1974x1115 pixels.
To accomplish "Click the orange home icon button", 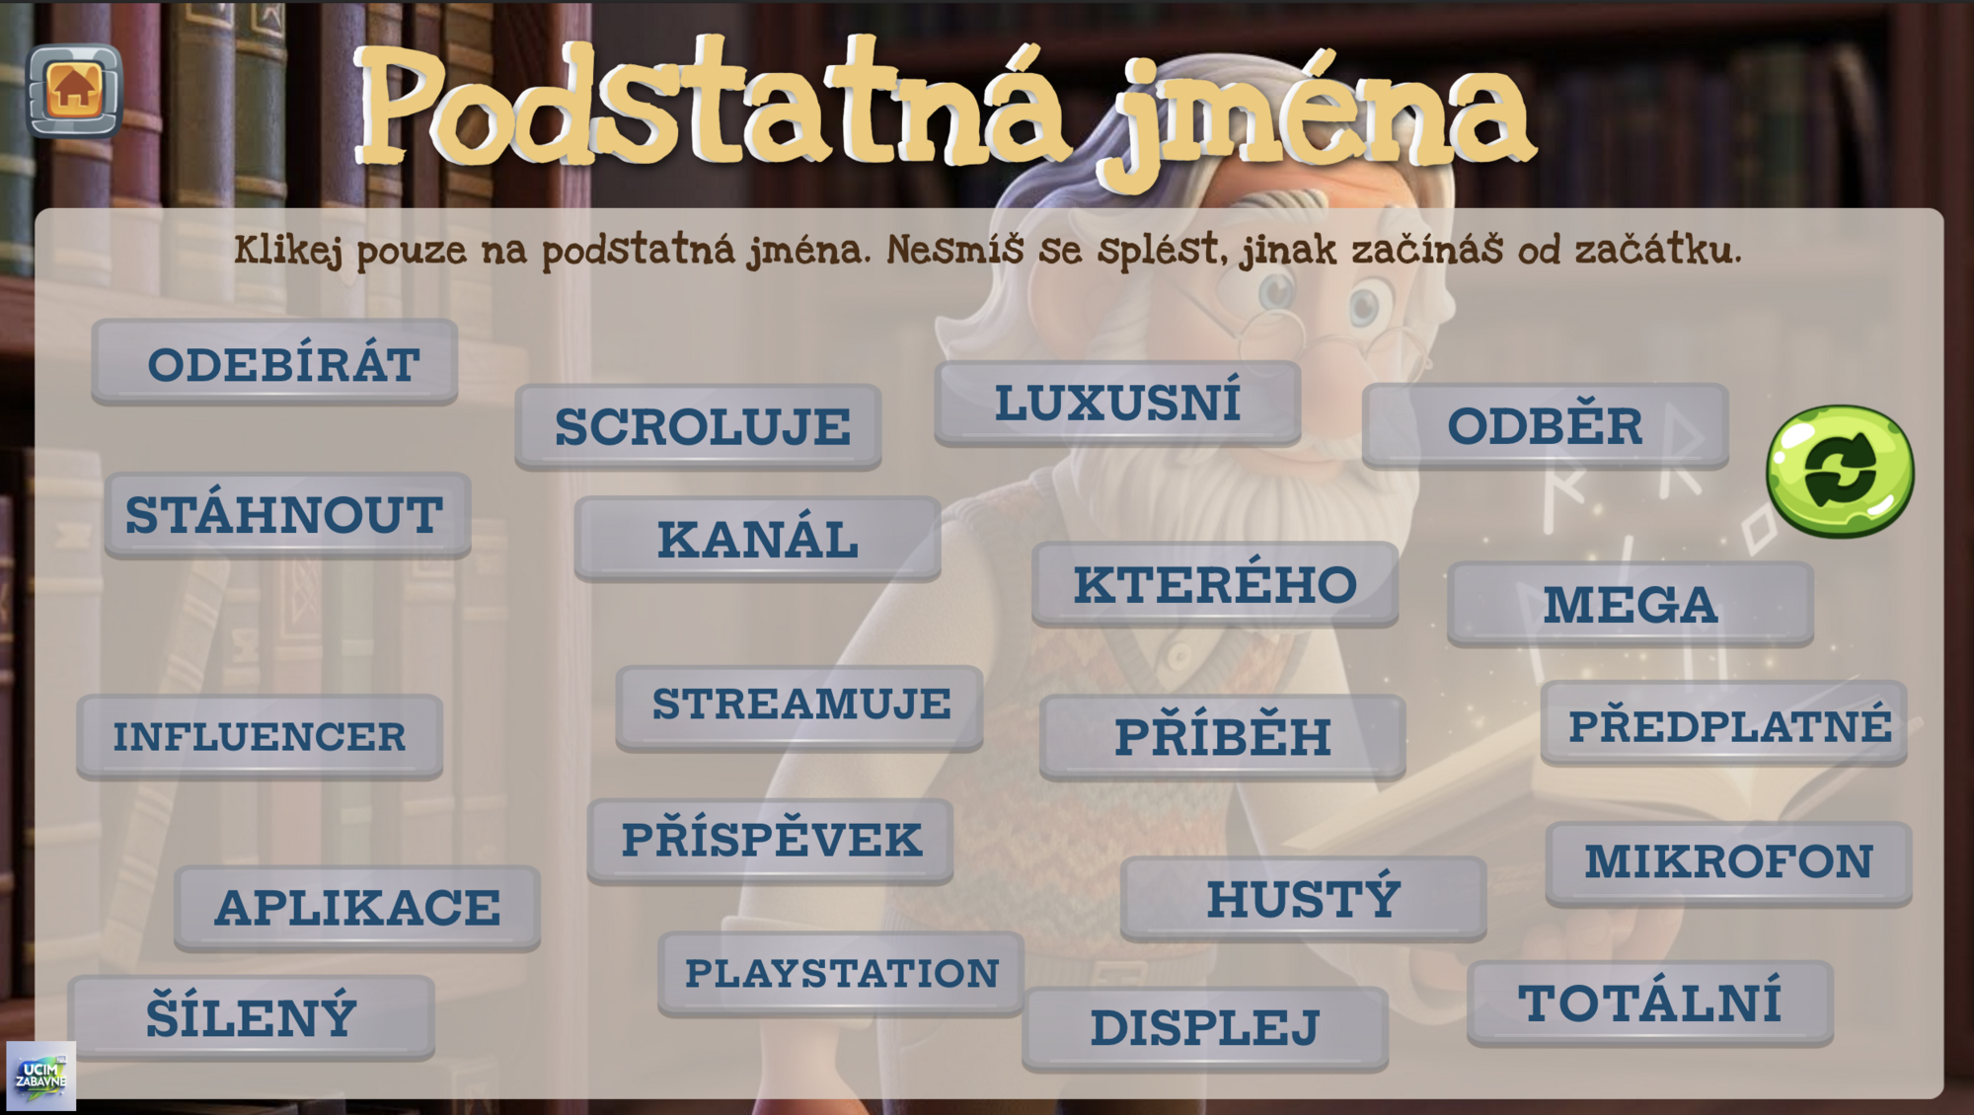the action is (74, 90).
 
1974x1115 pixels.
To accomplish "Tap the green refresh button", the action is (1840, 471).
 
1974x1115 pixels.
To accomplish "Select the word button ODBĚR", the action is (1545, 426).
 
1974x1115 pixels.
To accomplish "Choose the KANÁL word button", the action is (757, 539).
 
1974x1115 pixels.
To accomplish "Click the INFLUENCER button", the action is (260, 737).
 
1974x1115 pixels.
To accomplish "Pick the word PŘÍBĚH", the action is (1222, 737).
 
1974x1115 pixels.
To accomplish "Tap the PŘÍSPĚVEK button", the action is (770, 841).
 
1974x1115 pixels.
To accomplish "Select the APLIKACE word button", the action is (357, 908).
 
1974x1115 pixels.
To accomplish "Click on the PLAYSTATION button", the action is (841, 974).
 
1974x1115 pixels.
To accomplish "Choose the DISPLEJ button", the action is (1205, 1028).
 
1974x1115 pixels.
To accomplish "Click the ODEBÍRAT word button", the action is (274, 362).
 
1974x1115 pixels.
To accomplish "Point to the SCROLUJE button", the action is (698, 426).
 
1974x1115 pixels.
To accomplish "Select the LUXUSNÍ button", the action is (1117, 404).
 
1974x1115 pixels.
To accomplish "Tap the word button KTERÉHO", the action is (1215, 584).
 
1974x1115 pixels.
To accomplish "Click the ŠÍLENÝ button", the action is (252, 1017).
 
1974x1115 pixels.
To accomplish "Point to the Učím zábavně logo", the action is (40, 1076).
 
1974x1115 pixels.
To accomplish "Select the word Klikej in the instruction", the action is (288, 251).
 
